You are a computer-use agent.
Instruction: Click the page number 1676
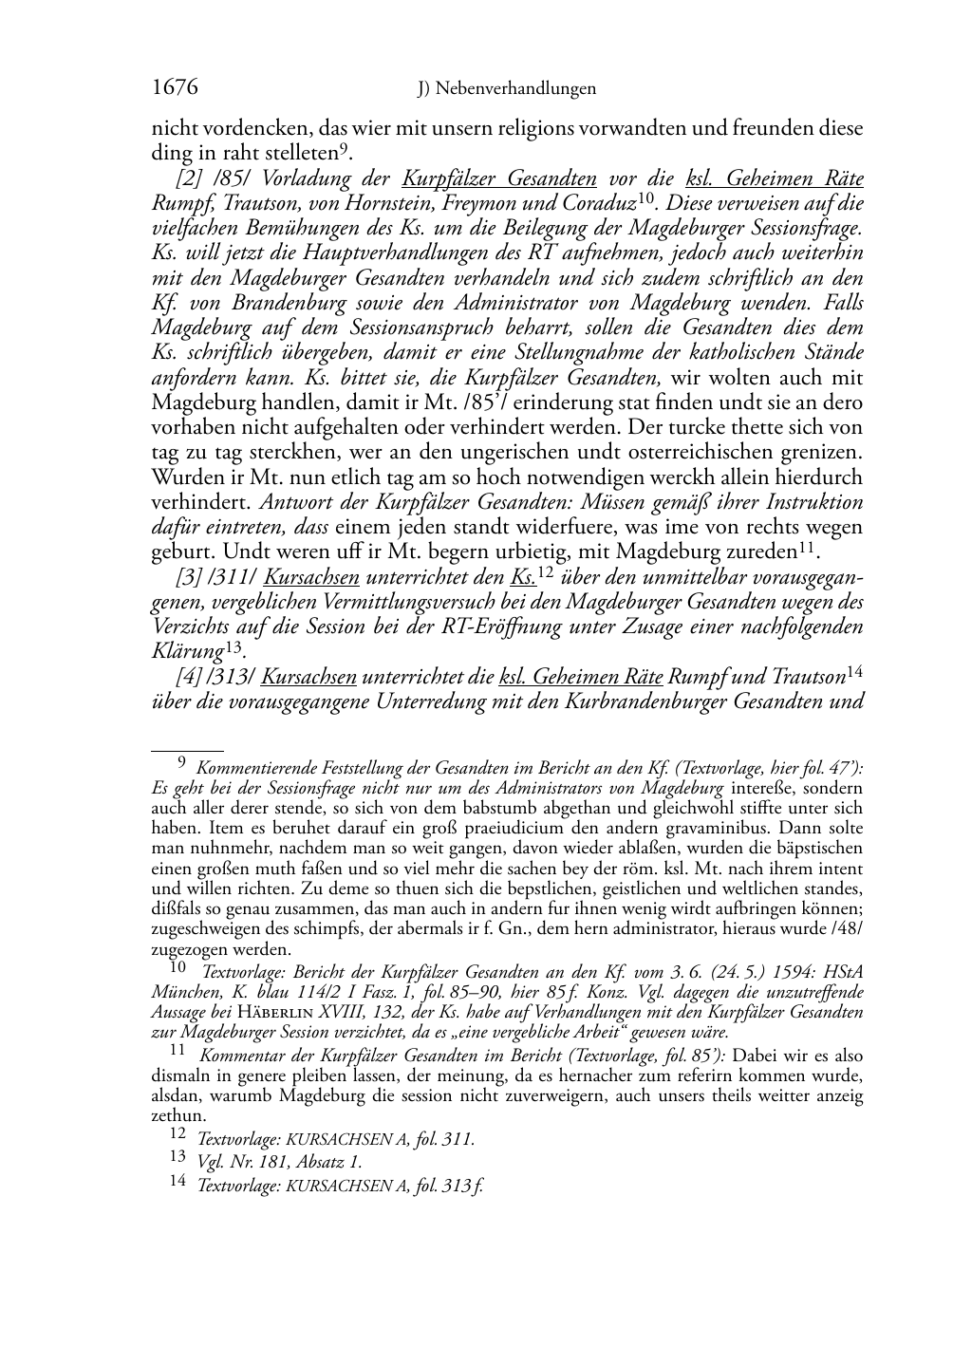tap(175, 87)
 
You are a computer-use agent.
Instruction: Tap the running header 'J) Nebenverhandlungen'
tap(507, 89)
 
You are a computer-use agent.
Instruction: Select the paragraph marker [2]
tap(190, 178)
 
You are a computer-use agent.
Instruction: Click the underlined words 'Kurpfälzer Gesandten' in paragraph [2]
tap(499, 178)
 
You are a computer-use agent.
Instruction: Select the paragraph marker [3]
tap(190, 577)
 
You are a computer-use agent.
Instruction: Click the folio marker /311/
tap(234, 577)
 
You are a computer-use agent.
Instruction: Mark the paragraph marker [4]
tap(190, 677)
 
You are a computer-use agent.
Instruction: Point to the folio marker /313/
tap(234, 677)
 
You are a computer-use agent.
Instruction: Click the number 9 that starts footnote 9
tap(182, 761)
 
